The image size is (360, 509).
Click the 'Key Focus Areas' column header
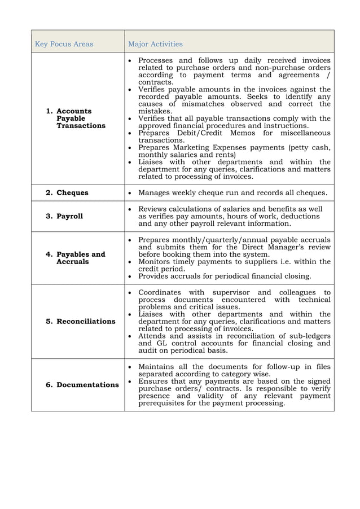[64, 44]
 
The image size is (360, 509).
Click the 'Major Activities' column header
[155, 44]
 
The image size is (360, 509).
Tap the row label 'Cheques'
[72, 193]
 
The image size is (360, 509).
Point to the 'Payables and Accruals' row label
[80, 258]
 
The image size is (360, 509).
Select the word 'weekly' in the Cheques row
[188, 193]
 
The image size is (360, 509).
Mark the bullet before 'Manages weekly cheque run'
[131, 193]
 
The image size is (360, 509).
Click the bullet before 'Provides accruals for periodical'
[131, 277]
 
